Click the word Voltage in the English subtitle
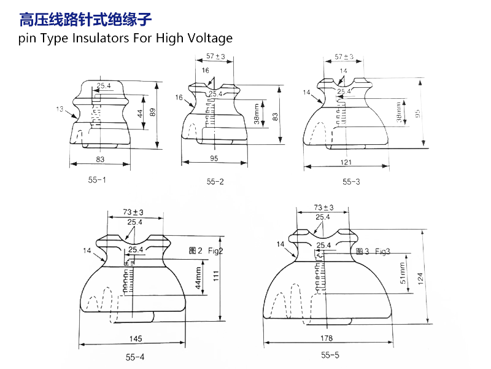click(209, 38)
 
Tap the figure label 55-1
click(96, 180)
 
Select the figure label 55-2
click(215, 182)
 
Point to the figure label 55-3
click(351, 182)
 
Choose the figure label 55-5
click(330, 355)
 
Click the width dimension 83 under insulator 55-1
click(100, 159)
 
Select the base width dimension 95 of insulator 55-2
click(214, 158)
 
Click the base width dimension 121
click(346, 162)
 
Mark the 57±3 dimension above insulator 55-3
click(344, 57)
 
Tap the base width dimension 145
click(136, 338)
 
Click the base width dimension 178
click(327, 338)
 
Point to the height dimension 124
click(420, 278)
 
